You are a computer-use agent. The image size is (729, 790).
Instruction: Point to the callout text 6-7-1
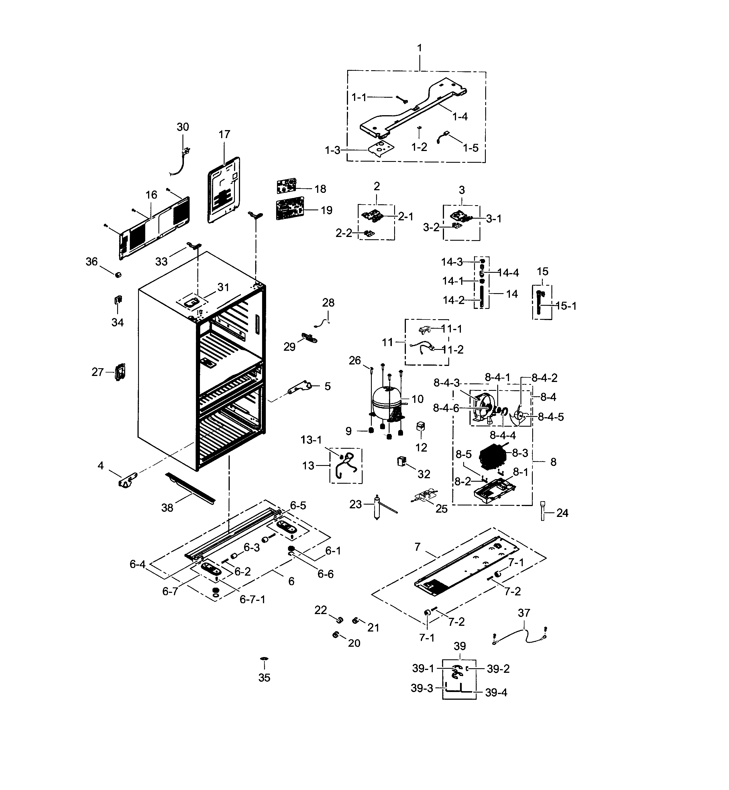252,599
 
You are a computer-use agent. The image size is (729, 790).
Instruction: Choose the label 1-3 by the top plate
332,150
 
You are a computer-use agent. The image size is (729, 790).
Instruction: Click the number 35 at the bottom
264,678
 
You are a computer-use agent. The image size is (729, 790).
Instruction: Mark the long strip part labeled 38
191,488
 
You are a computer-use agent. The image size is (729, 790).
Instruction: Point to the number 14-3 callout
452,262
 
